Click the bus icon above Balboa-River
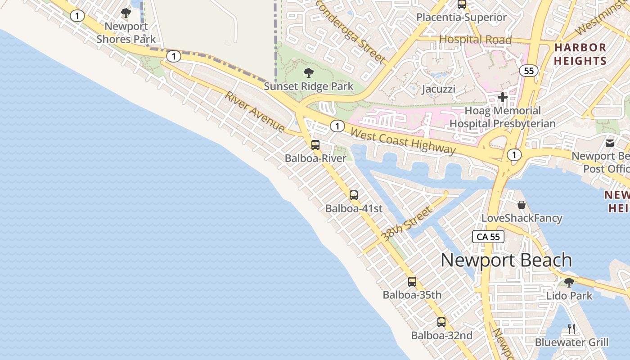click(315, 145)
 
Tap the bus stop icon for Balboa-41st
click(354, 195)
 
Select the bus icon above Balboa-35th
click(412, 282)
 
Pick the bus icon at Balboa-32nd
click(441, 322)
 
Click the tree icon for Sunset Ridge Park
click(309, 72)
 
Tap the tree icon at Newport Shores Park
click(126, 13)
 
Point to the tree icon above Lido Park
click(569, 283)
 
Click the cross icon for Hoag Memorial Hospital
click(503, 97)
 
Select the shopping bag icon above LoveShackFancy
click(522, 205)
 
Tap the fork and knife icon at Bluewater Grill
click(571, 328)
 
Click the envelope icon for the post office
click(610, 143)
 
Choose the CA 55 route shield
click(489, 237)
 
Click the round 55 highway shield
click(529, 71)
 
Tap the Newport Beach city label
click(506, 260)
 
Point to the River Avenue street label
click(255, 112)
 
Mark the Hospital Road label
click(476, 40)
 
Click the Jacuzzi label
click(438, 89)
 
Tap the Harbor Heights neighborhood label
click(580, 54)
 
